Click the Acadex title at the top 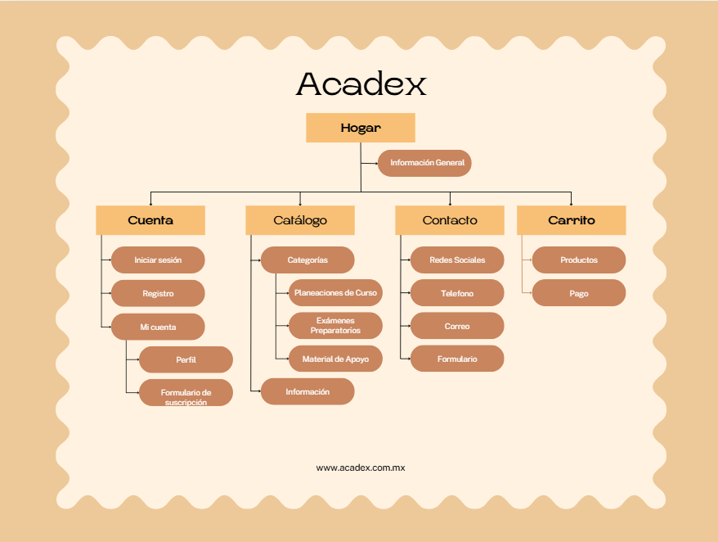361,84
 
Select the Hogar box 361,128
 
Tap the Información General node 424,163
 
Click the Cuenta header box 150,220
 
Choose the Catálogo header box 300,220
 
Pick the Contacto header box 450,220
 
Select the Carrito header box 571,220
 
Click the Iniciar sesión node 158,260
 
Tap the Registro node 158,293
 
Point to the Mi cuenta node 158,327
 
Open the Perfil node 186,359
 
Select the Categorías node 307,260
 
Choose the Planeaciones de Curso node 335,293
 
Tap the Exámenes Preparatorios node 335,326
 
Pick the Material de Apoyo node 335,359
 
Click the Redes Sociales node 457,260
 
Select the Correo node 457,326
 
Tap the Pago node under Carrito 579,293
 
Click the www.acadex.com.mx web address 361,467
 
